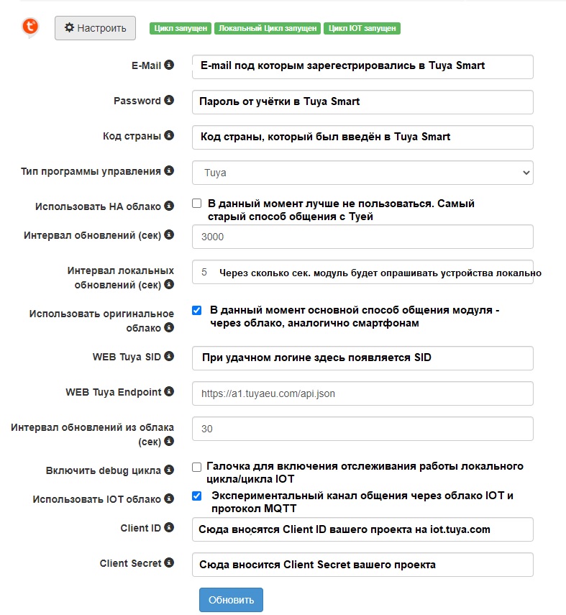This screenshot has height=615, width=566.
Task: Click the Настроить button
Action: click(95, 28)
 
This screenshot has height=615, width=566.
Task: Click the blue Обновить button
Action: click(231, 600)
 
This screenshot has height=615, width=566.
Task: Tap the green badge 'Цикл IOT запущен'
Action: click(362, 29)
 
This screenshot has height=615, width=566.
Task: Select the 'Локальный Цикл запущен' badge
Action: click(267, 29)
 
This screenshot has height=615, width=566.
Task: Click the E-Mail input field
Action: click(362, 66)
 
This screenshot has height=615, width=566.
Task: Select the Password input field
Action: click(362, 101)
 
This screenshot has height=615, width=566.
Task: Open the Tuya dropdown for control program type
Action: click(362, 173)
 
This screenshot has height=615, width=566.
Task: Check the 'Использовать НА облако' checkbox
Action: click(197, 204)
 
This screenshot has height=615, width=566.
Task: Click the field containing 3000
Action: click(362, 237)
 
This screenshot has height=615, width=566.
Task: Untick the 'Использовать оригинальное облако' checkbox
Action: click(197, 311)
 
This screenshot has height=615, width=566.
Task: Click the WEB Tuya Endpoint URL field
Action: click(362, 393)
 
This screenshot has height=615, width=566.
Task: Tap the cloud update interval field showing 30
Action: click(362, 429)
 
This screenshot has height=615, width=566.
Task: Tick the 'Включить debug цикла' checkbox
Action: click(197, 467)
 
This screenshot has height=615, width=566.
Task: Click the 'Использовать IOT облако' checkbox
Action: click(197, 496)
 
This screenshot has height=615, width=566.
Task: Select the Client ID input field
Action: click(362, 529)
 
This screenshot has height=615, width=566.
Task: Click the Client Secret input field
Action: click(362, 565)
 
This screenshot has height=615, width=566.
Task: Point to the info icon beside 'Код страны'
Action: click(169, 135)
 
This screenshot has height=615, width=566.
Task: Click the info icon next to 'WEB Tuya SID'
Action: click(169, 356)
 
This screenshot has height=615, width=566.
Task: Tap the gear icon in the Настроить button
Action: click(69, 28)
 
